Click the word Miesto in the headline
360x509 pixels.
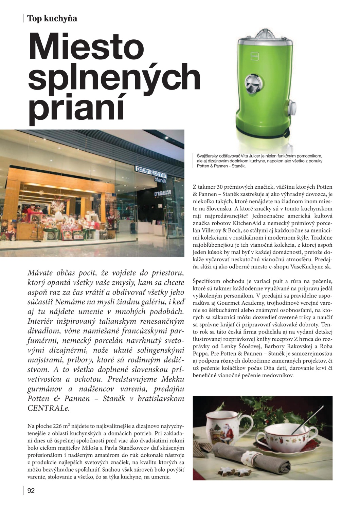pos(86,47)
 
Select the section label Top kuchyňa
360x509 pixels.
pos(52,18)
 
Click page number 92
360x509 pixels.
pos(31,491)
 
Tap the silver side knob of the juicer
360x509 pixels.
pos(291,108)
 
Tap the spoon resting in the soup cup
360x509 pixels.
pos(307,419)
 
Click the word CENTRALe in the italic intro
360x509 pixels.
pos(48,408)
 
